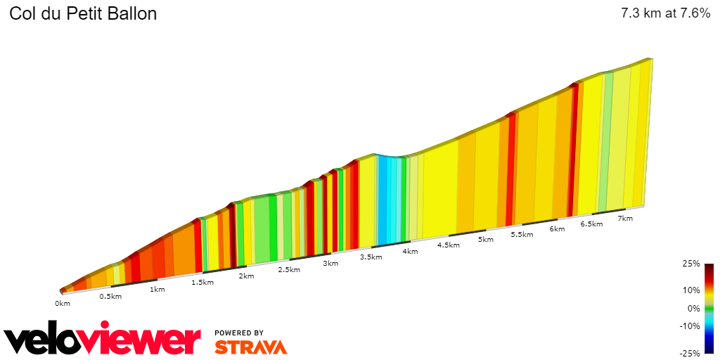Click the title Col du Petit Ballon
point(83,14)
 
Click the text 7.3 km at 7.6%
point(665,14)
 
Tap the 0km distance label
point(63,304)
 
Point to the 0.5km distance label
point(110,296)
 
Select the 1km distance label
point(157,289)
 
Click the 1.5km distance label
point(202,282)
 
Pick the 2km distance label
point(246,276)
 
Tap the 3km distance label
point(330,263)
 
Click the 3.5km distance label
point(371,257)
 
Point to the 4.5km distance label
point(448,245)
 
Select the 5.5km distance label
point(522,234)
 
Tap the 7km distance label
point(625,219)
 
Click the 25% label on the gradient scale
point(691,264)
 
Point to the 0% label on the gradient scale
point(693,308)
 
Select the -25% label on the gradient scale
point(690,354)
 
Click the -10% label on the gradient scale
point(690,326)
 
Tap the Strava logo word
point(250,347)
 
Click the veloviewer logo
point(102,340)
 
